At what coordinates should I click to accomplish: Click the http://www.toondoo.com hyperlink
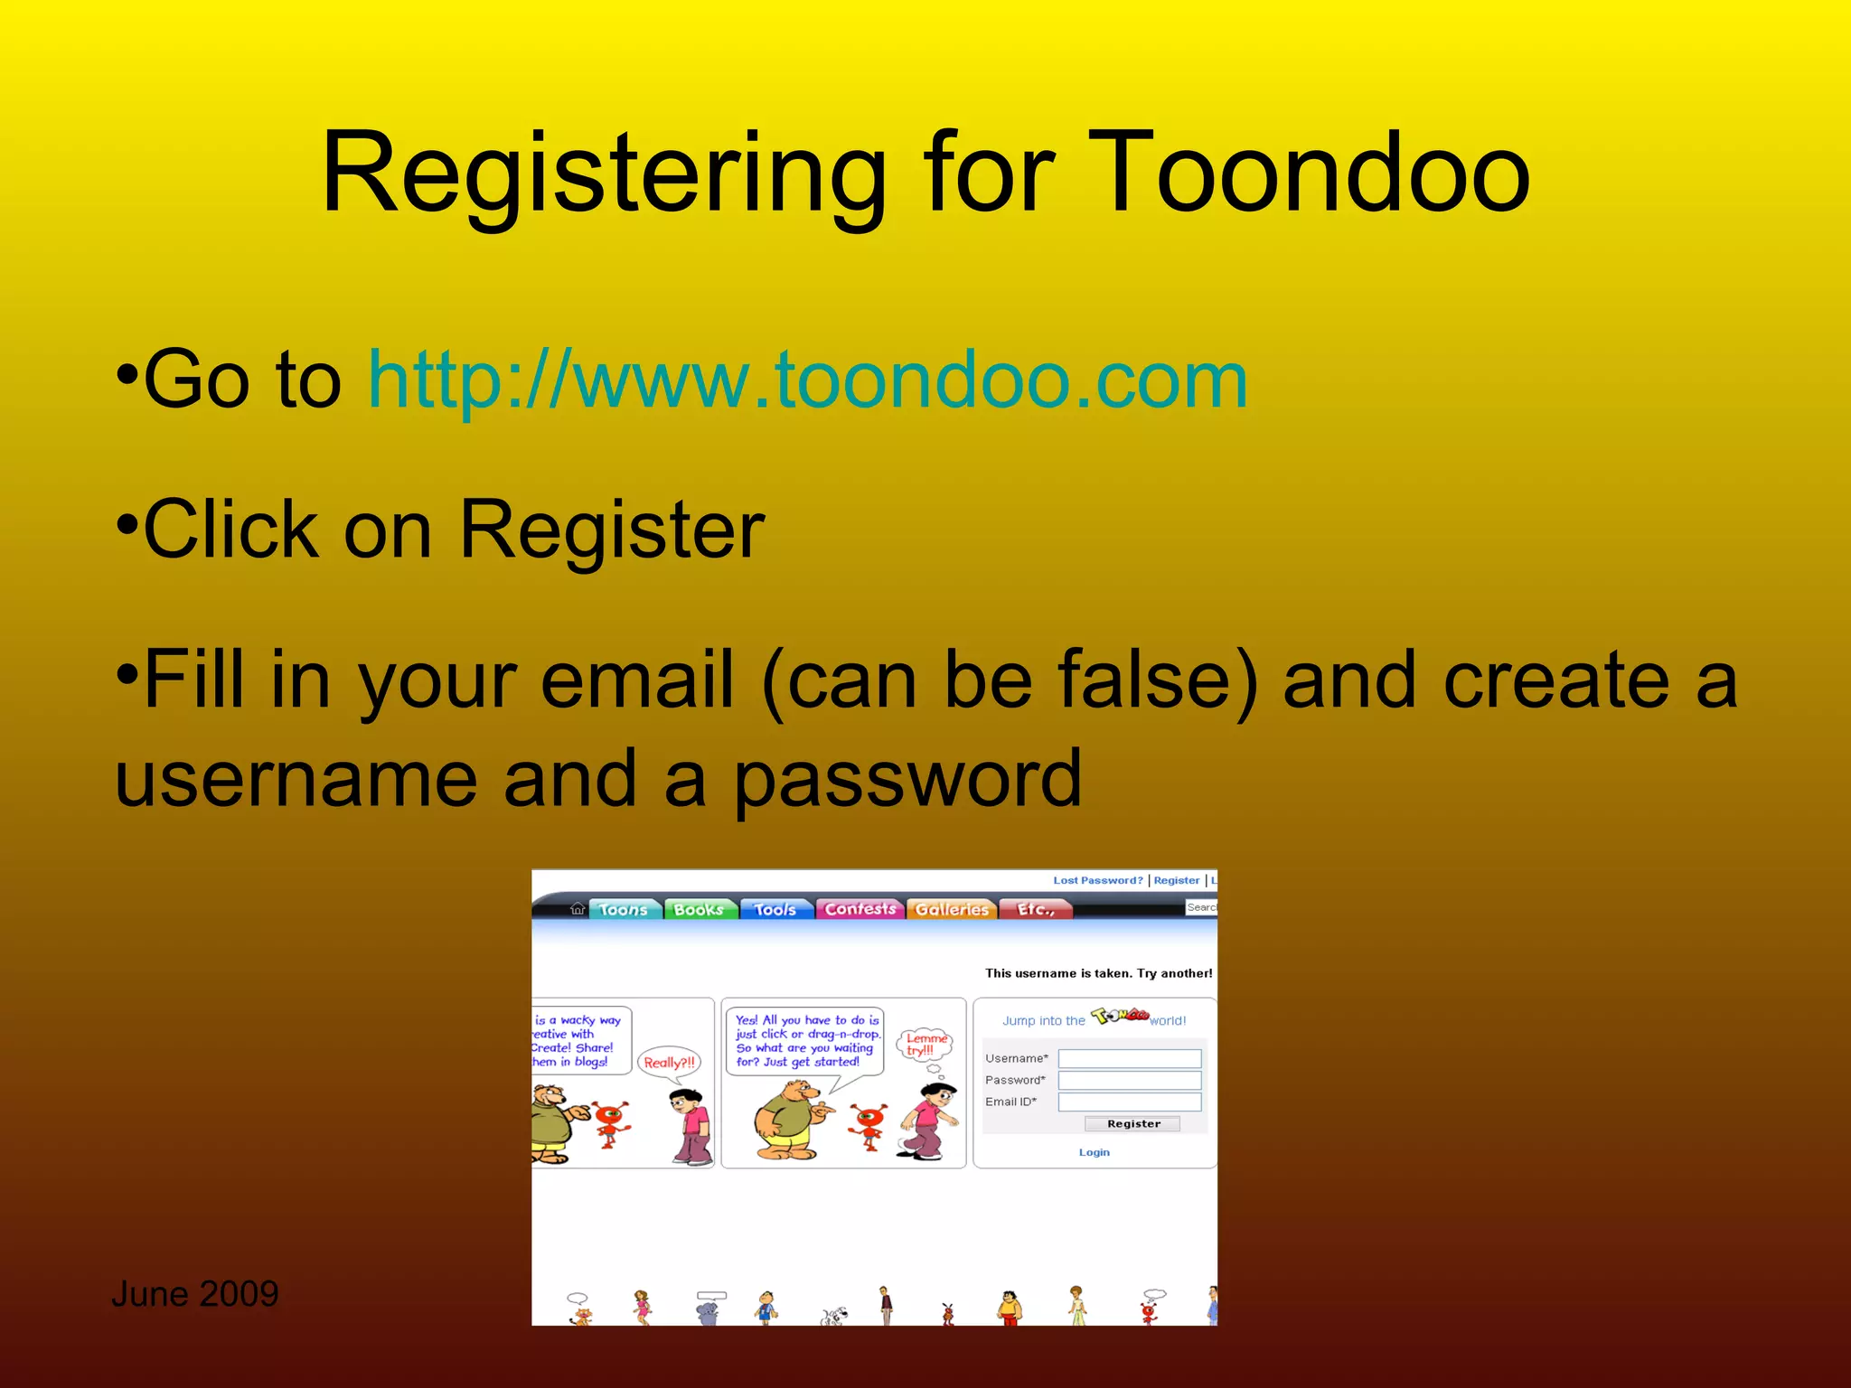807,380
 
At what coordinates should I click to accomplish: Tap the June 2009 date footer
194,1294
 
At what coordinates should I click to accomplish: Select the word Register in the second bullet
612,530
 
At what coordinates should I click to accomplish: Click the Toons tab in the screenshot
624,909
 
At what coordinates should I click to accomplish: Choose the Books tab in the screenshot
700,909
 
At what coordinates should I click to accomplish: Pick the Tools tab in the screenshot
775,909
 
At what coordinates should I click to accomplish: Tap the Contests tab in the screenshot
860,909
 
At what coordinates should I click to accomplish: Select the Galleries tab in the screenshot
952,909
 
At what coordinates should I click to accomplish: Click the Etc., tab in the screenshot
1036,909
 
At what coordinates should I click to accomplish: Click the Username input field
1129,1058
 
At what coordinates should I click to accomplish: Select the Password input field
1129,1080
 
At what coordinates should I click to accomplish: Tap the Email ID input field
1129,1102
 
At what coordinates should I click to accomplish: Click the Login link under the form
1094,1152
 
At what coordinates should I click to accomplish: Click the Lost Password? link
1097,880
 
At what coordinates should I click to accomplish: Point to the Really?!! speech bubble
670,1063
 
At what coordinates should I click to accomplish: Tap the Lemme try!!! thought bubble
925,1045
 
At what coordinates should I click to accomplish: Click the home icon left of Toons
578,908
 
